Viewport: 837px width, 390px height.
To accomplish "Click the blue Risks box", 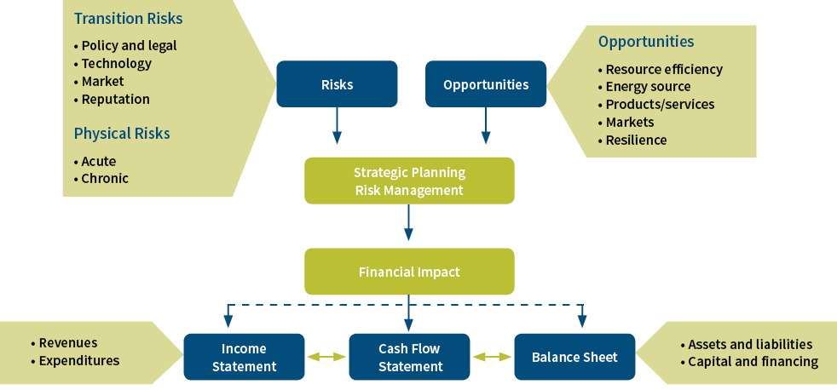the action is (x=337, y=83).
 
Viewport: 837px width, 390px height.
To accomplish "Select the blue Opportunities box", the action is (x=486, y=83).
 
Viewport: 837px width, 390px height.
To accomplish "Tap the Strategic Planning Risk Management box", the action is (x=409, y=181).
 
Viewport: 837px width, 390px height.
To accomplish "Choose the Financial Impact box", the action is (x=409, y=272).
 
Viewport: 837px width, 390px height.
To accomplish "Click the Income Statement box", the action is (x=244, y=357).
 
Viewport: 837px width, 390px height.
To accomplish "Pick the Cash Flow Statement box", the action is (x=409, y=357).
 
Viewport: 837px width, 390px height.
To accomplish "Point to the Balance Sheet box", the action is (x=574, y=357).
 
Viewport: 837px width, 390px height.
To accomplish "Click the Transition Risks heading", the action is (x=128, y=19).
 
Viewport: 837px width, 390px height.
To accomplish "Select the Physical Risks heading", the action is (x=122, y=134).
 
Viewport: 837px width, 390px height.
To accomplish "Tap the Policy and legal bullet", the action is (x=125, y=46).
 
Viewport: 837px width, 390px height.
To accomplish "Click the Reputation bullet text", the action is (x=116, y=100).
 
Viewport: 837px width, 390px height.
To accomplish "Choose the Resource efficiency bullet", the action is (x=661, y=69).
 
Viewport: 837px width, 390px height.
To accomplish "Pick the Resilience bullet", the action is (x=632, y=140).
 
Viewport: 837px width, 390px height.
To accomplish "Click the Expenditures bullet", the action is (x=75, y=361).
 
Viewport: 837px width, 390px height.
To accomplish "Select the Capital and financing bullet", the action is (x=749, y=362).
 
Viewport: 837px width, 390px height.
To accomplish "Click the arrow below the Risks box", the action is (x=337, y=126).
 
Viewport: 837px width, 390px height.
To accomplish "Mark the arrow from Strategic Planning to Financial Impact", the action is (x=408, y=222).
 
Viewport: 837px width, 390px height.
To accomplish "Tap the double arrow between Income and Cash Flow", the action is (x=326, y=357).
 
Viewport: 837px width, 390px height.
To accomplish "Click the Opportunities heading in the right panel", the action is (x=646, y=42).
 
